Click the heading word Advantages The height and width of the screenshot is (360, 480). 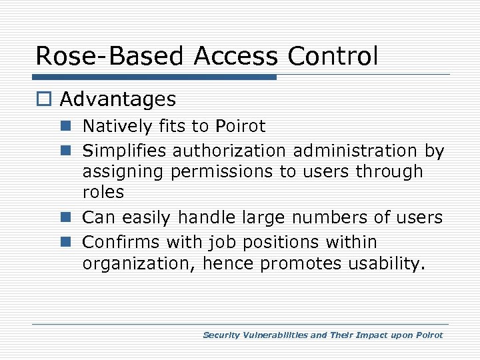[x=118, y=100]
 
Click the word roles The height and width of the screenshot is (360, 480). [x=103, y=192]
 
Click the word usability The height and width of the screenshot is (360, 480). [x=385, y=264]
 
